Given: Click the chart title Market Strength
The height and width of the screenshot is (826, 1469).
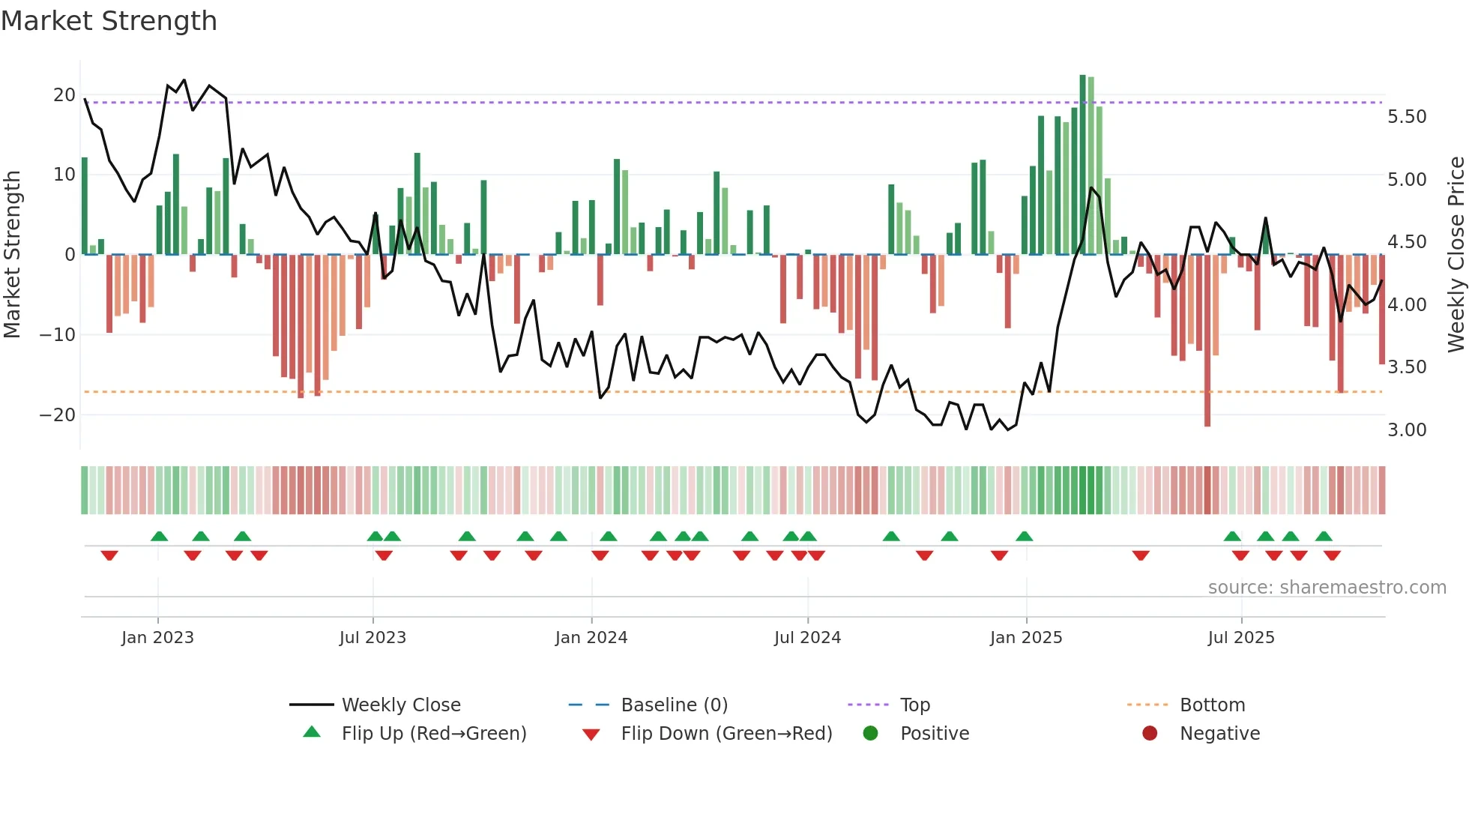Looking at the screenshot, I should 109,21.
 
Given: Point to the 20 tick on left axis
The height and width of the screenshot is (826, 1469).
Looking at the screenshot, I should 64,95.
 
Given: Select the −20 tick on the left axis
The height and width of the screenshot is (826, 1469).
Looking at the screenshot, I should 58,414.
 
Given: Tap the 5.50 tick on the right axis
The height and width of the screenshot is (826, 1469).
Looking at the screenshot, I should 1407,117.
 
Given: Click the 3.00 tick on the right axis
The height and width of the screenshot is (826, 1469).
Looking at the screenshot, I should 1407,430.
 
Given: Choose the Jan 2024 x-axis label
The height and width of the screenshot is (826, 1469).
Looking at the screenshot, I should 591,638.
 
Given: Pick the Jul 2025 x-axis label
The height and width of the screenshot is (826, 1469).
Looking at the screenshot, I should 1240,638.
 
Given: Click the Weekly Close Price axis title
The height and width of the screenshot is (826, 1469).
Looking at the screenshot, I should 1456,254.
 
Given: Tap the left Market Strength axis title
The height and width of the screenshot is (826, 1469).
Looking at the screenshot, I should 12,254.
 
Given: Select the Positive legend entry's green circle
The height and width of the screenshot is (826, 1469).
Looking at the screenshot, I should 870,733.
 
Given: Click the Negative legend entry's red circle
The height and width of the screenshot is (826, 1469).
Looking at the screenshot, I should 1150,733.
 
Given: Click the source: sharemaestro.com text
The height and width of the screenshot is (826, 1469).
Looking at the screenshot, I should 1327,588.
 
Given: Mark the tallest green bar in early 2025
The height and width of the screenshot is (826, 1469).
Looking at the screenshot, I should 1082,165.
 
